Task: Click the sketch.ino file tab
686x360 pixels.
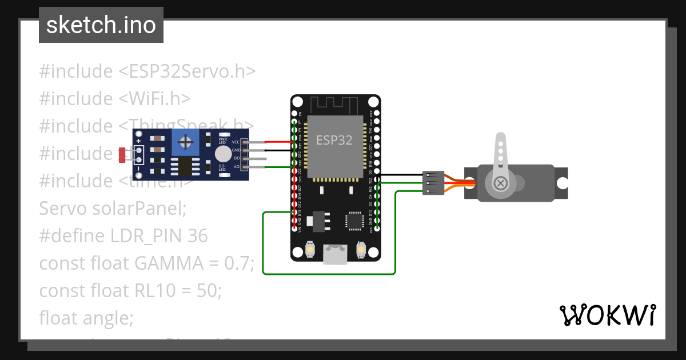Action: point(101,25)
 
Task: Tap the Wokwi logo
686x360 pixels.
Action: point(607,315)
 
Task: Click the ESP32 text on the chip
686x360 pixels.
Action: point(334,140)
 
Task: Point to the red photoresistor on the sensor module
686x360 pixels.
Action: point(122,154)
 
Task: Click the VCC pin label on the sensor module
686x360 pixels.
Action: point(236,142)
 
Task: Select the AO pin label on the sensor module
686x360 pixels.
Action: point(236,166)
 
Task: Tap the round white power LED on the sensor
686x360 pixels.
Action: point(223,153)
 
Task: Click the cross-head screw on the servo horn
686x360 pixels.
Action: point(500,183)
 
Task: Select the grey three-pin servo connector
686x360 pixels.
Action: point(433,183)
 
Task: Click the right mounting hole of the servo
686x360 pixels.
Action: point(562,183)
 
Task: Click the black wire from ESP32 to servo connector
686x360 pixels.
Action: point(400,175)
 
